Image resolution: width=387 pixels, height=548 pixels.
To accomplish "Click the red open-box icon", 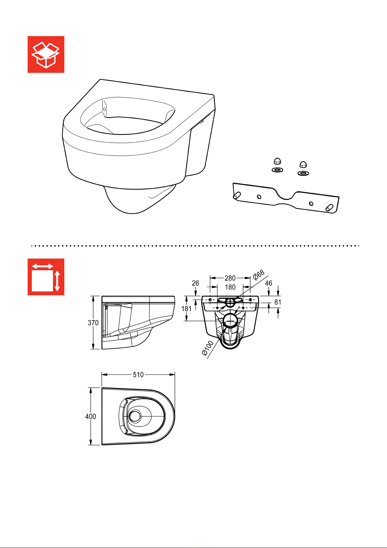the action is [46, 54].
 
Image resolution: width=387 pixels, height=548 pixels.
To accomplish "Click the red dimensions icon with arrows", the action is [46, 277].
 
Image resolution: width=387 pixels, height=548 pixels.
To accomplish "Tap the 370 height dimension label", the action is [93, 323].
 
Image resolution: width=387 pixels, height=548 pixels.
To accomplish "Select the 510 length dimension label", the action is [138, 375].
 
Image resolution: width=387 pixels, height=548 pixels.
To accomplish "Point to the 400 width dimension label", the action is [90, 416].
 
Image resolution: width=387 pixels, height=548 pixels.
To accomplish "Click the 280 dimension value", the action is [230, 278].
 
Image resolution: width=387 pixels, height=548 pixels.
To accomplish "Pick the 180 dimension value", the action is [230, 287].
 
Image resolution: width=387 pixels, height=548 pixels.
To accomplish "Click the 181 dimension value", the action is [186, 309].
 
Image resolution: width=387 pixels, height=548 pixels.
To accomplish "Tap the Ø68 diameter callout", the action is [259, 275].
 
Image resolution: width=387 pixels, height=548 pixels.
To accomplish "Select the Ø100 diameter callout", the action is [208, 348].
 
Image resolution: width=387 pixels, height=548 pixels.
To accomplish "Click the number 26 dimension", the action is [195, 283].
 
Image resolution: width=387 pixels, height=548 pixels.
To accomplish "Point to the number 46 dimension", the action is [268, 283].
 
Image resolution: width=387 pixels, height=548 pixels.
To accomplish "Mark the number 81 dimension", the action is [278, 302].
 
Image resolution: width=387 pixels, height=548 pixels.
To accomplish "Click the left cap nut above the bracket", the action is [277, 161].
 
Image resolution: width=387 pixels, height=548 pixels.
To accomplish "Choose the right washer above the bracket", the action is [303, 173].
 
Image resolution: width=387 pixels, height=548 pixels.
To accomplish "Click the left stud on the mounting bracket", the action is [237, 195].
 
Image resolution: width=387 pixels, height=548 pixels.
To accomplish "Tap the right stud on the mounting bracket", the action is [329, 207].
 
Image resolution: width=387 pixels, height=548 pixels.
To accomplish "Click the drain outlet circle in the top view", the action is [135, 416].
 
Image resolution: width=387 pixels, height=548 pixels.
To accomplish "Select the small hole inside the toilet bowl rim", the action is [104, 109].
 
